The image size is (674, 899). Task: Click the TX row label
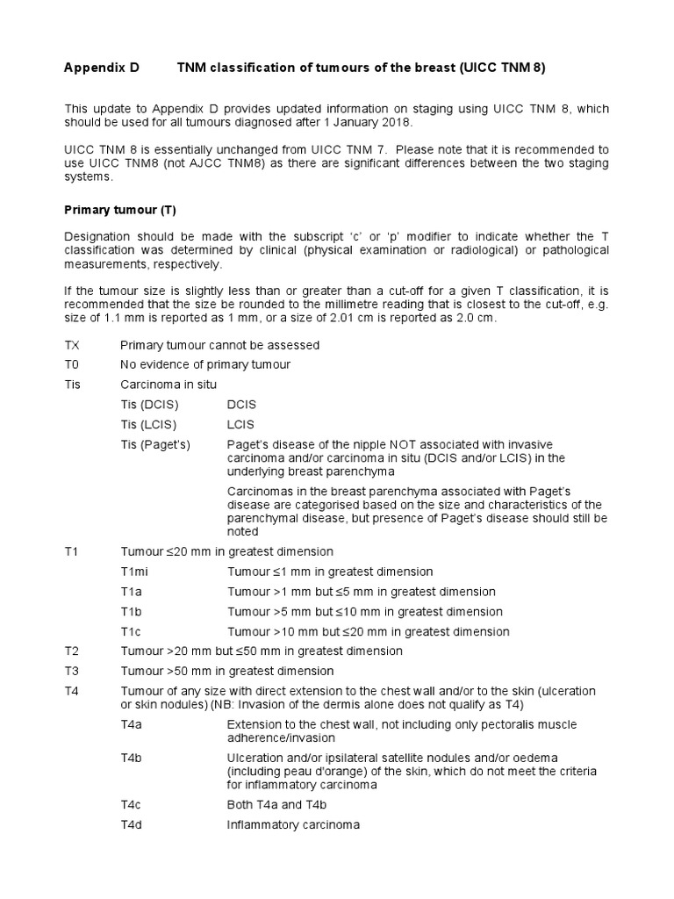point(72,345)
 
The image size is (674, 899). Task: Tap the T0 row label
point(72,364)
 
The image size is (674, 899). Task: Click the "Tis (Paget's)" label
point(155,444)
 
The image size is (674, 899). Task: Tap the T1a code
point(132,592)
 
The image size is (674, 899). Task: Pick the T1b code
point(132,612)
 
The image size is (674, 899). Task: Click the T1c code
point(132,632)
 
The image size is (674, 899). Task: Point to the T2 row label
point(72,651)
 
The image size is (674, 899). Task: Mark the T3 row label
point(72,672)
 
